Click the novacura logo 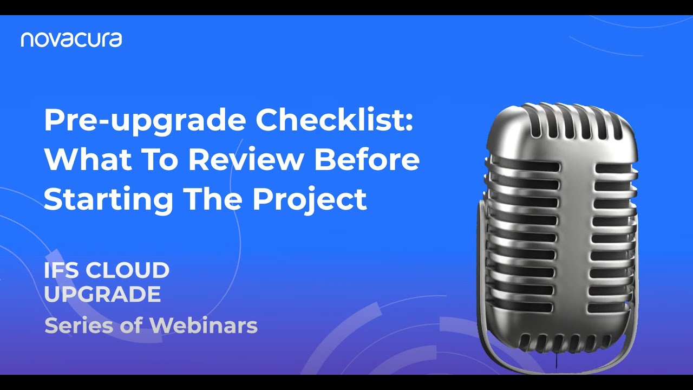(71, 40)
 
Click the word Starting (108, 199)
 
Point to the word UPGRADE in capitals (102, 294)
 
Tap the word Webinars (203, 325)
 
